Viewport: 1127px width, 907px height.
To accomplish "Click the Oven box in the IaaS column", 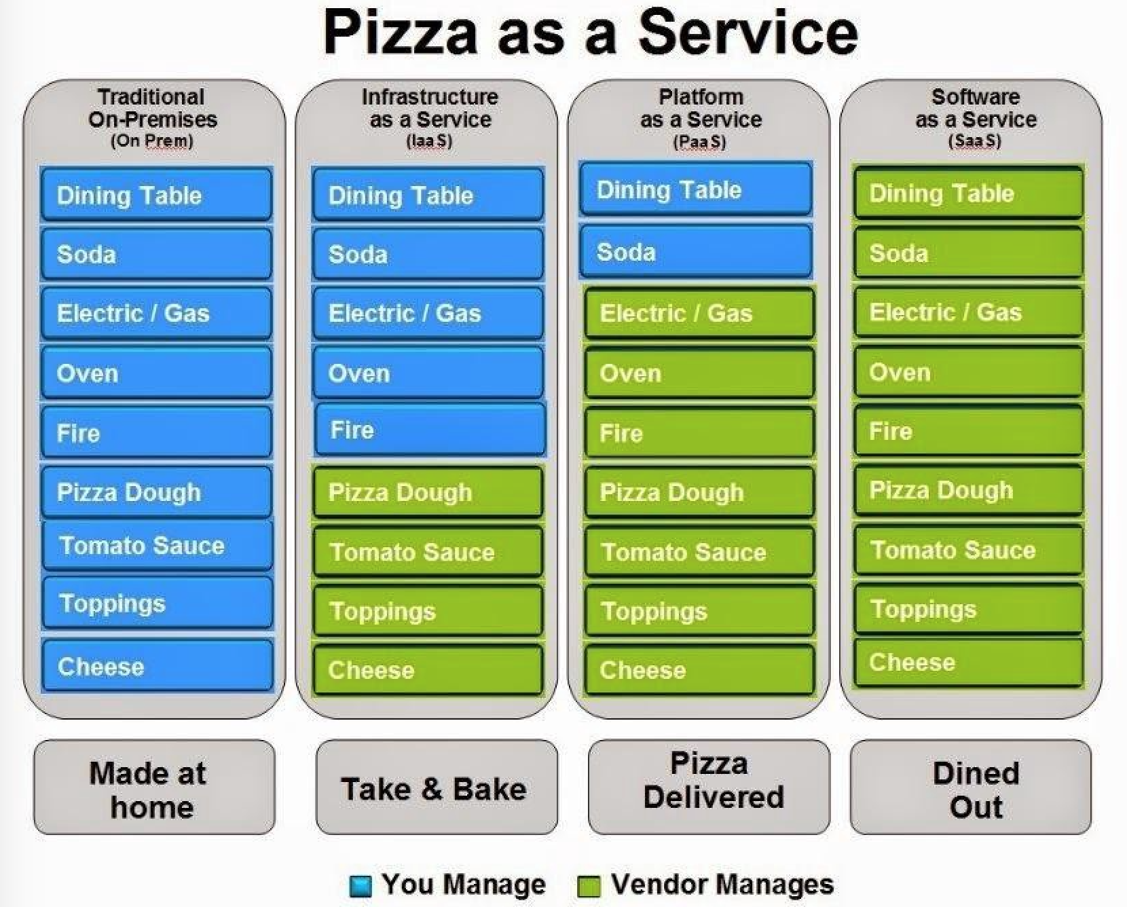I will tap(428, 373).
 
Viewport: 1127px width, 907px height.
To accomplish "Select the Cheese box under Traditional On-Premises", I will tap(157, 666).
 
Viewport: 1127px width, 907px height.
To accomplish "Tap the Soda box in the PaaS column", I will tap(696, 252).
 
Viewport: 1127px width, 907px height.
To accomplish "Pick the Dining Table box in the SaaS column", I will tap(968, 193).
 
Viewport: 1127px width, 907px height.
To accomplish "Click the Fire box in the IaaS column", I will tap(430, 430).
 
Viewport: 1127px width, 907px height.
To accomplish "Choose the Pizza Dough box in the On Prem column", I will tap(157, 492).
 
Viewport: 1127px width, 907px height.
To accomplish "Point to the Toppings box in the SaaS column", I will tap(968, 609).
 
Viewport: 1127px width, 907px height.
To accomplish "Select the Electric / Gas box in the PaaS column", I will tap(699, 313).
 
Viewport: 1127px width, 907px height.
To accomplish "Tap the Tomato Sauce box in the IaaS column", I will tap(428, 552).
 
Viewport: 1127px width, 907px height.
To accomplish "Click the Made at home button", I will tap(154, 788).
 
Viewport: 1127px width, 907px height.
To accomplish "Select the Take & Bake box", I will tap(435, 788).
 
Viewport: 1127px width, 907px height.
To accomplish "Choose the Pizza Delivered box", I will tap(709, 788).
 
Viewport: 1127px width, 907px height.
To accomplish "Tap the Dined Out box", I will tap(971, 788).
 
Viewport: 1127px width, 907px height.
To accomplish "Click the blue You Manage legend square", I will tap(360, 886).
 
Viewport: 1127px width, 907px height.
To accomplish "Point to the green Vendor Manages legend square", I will tap(589, 886).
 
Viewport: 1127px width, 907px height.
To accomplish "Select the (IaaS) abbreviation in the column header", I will tap(429, 141).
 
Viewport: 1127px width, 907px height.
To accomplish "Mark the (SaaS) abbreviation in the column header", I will tap(974, 141).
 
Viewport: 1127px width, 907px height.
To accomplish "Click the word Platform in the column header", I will tap(701, 96).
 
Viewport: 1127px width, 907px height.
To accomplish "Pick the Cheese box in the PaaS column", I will tap(699, 670).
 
